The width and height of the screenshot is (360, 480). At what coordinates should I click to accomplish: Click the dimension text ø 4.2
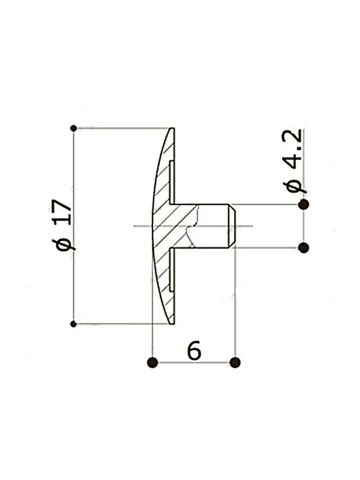tap(294, 161)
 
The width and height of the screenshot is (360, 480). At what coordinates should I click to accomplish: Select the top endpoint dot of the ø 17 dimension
tap(74, 128)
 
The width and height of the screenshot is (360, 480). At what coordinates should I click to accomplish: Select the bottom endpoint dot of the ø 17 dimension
tap(74, 324)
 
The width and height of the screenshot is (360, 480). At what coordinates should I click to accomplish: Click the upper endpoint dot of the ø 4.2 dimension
tap(304, 205)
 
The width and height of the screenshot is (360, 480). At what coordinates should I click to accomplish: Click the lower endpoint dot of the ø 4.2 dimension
tap(304, 248)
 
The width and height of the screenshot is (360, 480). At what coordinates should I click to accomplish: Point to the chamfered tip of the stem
tap(232, 226)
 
